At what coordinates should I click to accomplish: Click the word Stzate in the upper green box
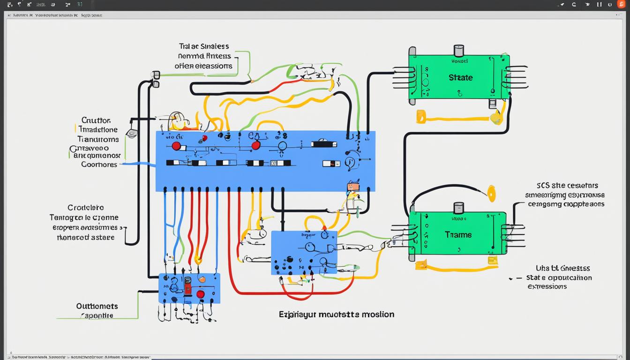(x=460, y=77)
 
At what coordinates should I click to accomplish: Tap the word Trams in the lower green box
(x=458, y=234)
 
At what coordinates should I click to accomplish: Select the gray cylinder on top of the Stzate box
(x=458, y=51)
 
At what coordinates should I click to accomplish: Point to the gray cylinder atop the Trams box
(x=458, y=208)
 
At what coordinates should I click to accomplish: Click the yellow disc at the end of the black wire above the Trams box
(x=491, y=194)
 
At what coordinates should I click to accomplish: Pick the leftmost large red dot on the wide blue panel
(x=176, y=146)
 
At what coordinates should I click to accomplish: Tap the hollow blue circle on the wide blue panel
(x=282, y=146)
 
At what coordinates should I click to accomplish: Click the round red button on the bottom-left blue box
(x=201, y=294)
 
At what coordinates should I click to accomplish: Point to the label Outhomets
(x=97, y=306)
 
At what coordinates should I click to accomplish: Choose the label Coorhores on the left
(x=99, y=165)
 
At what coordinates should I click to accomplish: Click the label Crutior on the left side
(x=96, y=120)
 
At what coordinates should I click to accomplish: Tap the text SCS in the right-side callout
(x=544, y=186)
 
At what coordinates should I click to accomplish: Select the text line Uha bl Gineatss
(x=556, y=268)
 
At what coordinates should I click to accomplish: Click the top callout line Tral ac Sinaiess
(x=204, y=46)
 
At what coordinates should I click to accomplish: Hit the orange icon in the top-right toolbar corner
(x=621, y=4)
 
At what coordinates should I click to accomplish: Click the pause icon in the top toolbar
(x=599, y=4)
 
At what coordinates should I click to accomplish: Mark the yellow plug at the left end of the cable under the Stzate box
(x=420, y=116)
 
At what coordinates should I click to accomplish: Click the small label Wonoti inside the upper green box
(x=459, y=61)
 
